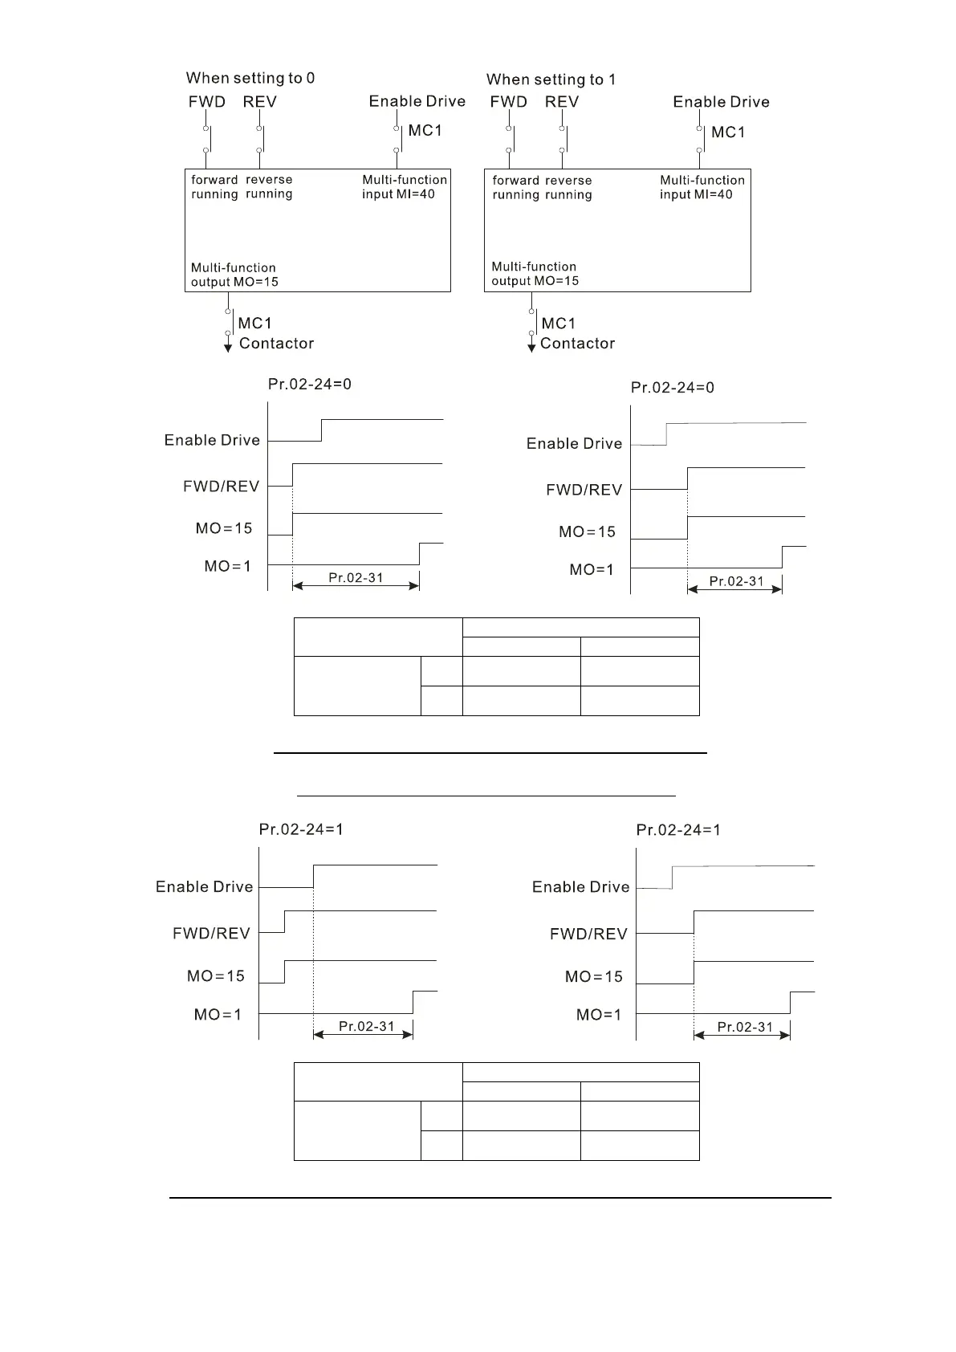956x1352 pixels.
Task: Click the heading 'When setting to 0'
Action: pos(250,78)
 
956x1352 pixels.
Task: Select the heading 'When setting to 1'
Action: pos(551,79)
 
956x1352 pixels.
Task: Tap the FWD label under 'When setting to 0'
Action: pos(207,102)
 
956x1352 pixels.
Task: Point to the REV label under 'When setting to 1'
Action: pos(561,102)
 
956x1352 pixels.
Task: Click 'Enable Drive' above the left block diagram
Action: pos(417,101)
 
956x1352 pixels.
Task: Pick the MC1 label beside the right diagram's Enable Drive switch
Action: pos(728,132)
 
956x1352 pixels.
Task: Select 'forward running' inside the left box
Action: pos(214,187)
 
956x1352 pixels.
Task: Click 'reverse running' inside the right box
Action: pos(568,188)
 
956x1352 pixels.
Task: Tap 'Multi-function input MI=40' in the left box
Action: pos(404,187)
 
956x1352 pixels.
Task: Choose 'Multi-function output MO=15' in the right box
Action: pos(535,274)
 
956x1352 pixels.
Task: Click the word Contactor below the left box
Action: pos(276,344)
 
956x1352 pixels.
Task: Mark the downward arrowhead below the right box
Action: pos(531,347)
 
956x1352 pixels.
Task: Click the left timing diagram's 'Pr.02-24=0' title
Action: pos(309,384)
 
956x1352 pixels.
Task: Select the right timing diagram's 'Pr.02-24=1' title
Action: pos(678,830)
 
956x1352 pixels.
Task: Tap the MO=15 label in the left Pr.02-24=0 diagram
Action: pos(224,528)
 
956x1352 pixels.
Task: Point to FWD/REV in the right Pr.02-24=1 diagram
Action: pos(588,934)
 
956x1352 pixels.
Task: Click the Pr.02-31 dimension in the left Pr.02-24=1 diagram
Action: pos(366,1026)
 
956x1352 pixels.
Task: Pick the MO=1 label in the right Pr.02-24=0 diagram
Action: pos(592,569)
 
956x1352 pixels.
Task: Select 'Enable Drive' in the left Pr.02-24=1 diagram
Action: pos(204,887)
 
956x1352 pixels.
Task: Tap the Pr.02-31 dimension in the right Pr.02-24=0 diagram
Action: pos(736,581)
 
